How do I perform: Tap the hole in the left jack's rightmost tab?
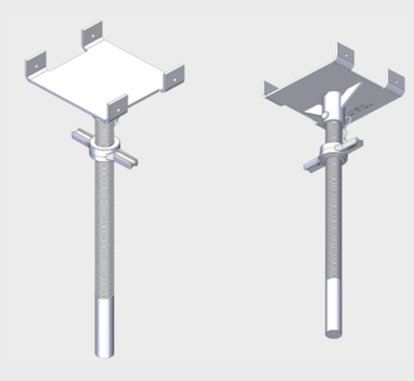(x=174, y=80)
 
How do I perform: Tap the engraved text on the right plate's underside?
(x=358, y=110)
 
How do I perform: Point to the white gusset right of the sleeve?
(x=354, y=93)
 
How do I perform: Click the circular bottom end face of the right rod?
(x=334, y=333)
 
